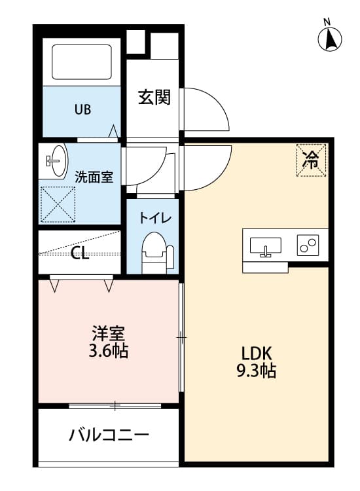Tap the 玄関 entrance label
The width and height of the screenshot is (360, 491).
tap(154, 98)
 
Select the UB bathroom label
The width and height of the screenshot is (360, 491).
tap(82, 109)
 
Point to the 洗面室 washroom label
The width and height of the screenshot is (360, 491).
tap(94, 176)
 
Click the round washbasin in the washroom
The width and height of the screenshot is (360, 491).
tap(56, 160)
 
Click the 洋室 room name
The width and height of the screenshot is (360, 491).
tap(109, 332)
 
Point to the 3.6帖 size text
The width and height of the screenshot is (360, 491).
tap(109, 352)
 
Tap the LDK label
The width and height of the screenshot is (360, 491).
tap(255, 351)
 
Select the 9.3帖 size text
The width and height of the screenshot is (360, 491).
tap(255, 371)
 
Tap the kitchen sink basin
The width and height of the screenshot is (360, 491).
tap(266, 246)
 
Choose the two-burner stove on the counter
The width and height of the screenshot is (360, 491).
tap(308, 245)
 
